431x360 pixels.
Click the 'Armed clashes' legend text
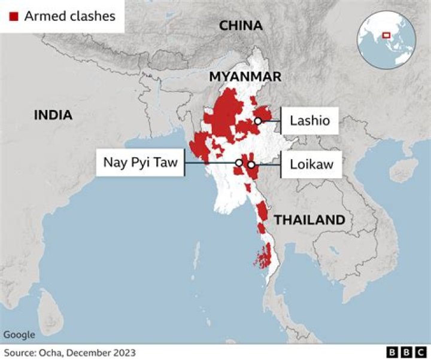[70, 16]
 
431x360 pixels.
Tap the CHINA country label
[241, 26]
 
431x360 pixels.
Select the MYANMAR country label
[245, 77]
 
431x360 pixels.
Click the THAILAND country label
[309, 220]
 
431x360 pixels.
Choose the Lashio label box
[310, 121]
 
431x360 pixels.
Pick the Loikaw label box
[311, 163]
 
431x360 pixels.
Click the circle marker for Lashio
[258, 121]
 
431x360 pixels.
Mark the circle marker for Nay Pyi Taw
[239, 163]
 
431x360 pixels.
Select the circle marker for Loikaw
[251, 164]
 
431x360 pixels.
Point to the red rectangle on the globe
[386, 35]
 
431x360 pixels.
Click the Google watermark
[19, 335]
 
